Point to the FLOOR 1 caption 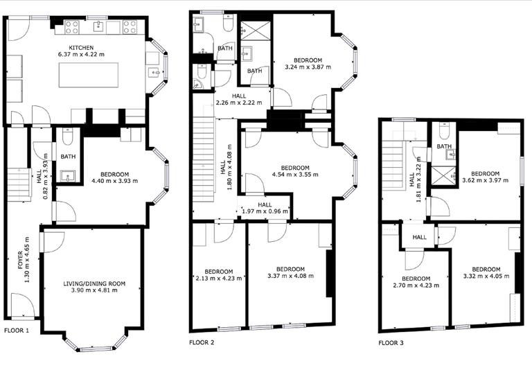click(x=17, y=331)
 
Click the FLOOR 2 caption click(x=202, y=342)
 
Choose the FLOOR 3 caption click(x=391, y=342)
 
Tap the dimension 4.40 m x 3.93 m click(x=114, y=182)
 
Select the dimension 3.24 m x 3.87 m click(x=308, y=68)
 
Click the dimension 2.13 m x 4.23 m click(x=218, y=279)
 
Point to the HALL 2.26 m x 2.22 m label click(x=239, y=100)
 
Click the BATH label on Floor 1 click(x=68, y=157)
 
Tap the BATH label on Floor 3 click(x=444, y=146)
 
